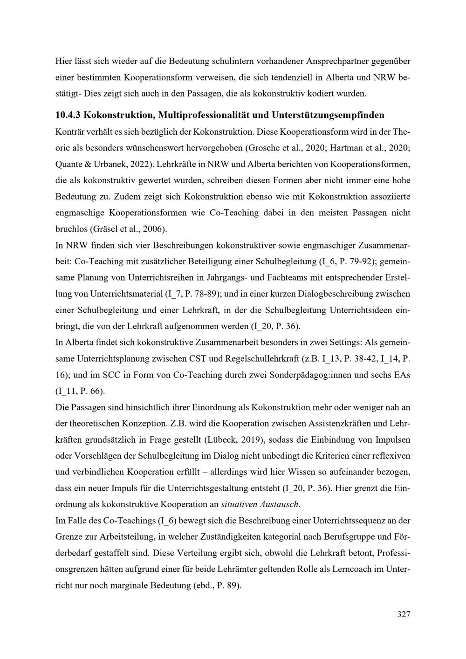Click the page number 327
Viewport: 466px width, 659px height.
pyautogui.click(x=404, y=614)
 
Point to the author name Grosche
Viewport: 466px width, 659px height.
pyautogui.click(x=264, y=148)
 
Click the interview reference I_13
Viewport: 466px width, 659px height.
pyautogui.click(x=344, y=359)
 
